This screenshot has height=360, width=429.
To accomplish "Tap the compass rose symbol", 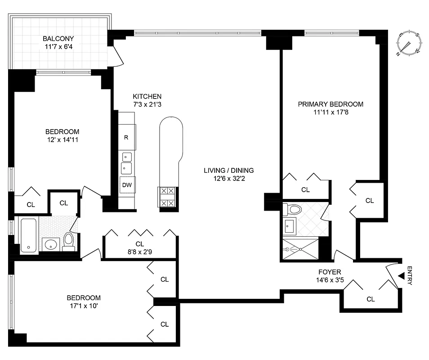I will point(409,43).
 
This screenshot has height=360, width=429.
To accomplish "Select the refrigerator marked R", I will point(127,136).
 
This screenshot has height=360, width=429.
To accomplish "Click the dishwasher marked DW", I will point(126,184).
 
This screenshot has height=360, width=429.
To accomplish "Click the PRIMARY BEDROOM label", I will point(331,104).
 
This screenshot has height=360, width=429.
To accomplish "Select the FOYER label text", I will point(329,272).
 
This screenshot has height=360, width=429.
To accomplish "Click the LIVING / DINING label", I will point(228,170).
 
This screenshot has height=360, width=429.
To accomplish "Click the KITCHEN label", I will point(147,96).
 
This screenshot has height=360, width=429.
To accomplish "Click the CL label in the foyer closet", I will point(371,299).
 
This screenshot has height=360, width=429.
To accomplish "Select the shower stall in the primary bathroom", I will point(299,248).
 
